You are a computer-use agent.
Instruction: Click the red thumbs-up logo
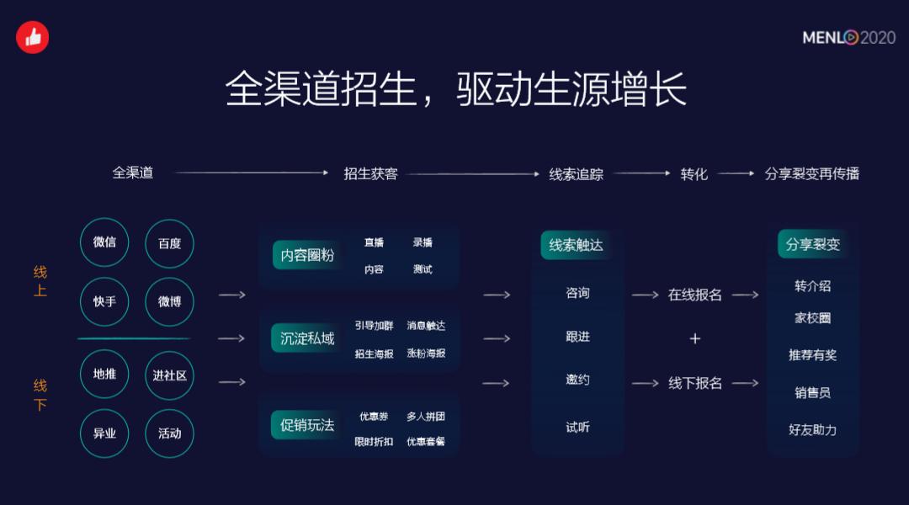[x=34, y=37]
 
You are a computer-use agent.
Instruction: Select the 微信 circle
[x=104, y=242]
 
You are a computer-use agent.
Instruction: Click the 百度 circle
[x=169, y=243]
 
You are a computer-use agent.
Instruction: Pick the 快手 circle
[x=104, y=301]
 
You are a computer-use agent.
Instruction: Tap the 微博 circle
[x=169, y=301]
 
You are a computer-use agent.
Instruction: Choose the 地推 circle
[x=104, y=375]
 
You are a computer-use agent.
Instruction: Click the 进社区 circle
[x=169, y=375]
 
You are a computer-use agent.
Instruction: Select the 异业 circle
[x=104, y=433]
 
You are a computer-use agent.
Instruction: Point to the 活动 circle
[x=169, y=433]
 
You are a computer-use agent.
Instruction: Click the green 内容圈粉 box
[x=307, y=255]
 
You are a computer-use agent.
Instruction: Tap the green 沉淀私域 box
[x=307, y=338]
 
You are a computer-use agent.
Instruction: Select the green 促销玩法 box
[x=307, y=424]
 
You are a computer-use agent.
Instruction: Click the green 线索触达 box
[x=577, y=245]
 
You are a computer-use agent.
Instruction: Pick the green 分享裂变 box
[x=812, y=245]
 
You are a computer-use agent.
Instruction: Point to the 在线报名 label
[x=695, y=295]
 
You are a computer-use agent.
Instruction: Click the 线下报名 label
[x=695, y=383]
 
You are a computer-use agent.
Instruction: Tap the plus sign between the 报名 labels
[x=695, y=338]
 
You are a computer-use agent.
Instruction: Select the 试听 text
[x=577, y=427]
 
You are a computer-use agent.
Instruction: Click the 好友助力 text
[x=812, y=429]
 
